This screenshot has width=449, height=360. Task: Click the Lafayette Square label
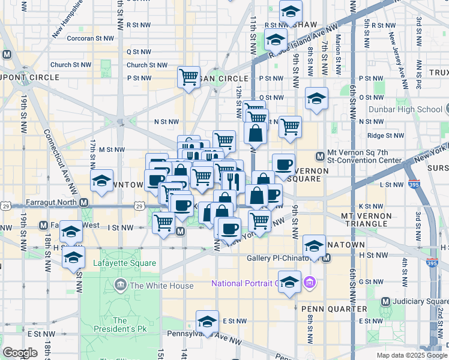124,263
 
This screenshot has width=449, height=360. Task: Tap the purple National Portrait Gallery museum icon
309,281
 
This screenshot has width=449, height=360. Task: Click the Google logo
20,353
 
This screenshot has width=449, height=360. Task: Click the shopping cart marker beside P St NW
188,77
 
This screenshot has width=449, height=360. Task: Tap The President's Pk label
119,325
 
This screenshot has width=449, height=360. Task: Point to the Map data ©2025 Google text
411,355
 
